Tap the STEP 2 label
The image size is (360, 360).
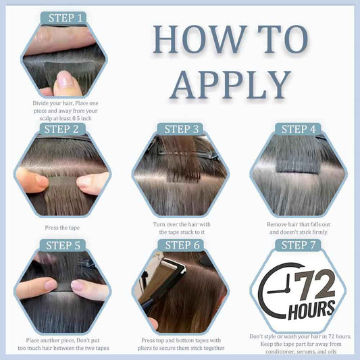click(61, 129)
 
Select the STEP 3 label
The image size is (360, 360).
click(182, 129)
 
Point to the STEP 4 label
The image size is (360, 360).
click(299, 129)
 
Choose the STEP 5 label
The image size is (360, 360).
click(63, 245)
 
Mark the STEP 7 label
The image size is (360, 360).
click(299, 245)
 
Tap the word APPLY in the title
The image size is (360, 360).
click(230, 84)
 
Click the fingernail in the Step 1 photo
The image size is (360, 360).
click(64, 79)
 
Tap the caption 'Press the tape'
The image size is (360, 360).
click(62, 228)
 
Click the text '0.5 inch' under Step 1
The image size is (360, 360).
click(82, 118)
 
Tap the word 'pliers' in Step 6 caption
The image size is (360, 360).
click(145, 349)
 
